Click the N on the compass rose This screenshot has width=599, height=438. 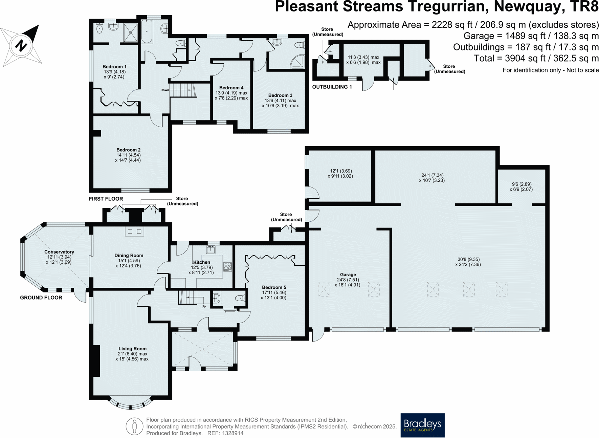[x=21, y=45]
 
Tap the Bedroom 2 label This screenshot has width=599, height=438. [x=128, y=150]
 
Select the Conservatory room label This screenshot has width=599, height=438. [x=59, y=252]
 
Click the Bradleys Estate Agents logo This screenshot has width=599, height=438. [x=422, y=425]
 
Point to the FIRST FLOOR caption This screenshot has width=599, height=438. [x=106, y=199]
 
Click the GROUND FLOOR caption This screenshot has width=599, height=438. [x=41, y=298]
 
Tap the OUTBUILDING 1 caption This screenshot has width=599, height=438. [x=332, y=87]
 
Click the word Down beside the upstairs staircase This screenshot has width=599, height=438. [x=164, y=90]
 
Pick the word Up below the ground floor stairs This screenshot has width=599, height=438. [x=203, y=306]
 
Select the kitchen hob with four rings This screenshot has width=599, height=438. [x=228, y=266]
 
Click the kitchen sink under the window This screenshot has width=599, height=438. [x=211, y=250]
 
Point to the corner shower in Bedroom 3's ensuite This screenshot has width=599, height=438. [x=298, y=62]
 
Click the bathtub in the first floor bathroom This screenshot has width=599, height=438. [x=147, y=32]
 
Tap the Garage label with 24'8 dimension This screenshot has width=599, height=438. [x=348, y=275]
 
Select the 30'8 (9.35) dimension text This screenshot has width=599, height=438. [x=468, y=259]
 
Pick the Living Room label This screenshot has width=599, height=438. [x=132, y=349]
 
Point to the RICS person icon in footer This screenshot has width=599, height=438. [x=134, y=426]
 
